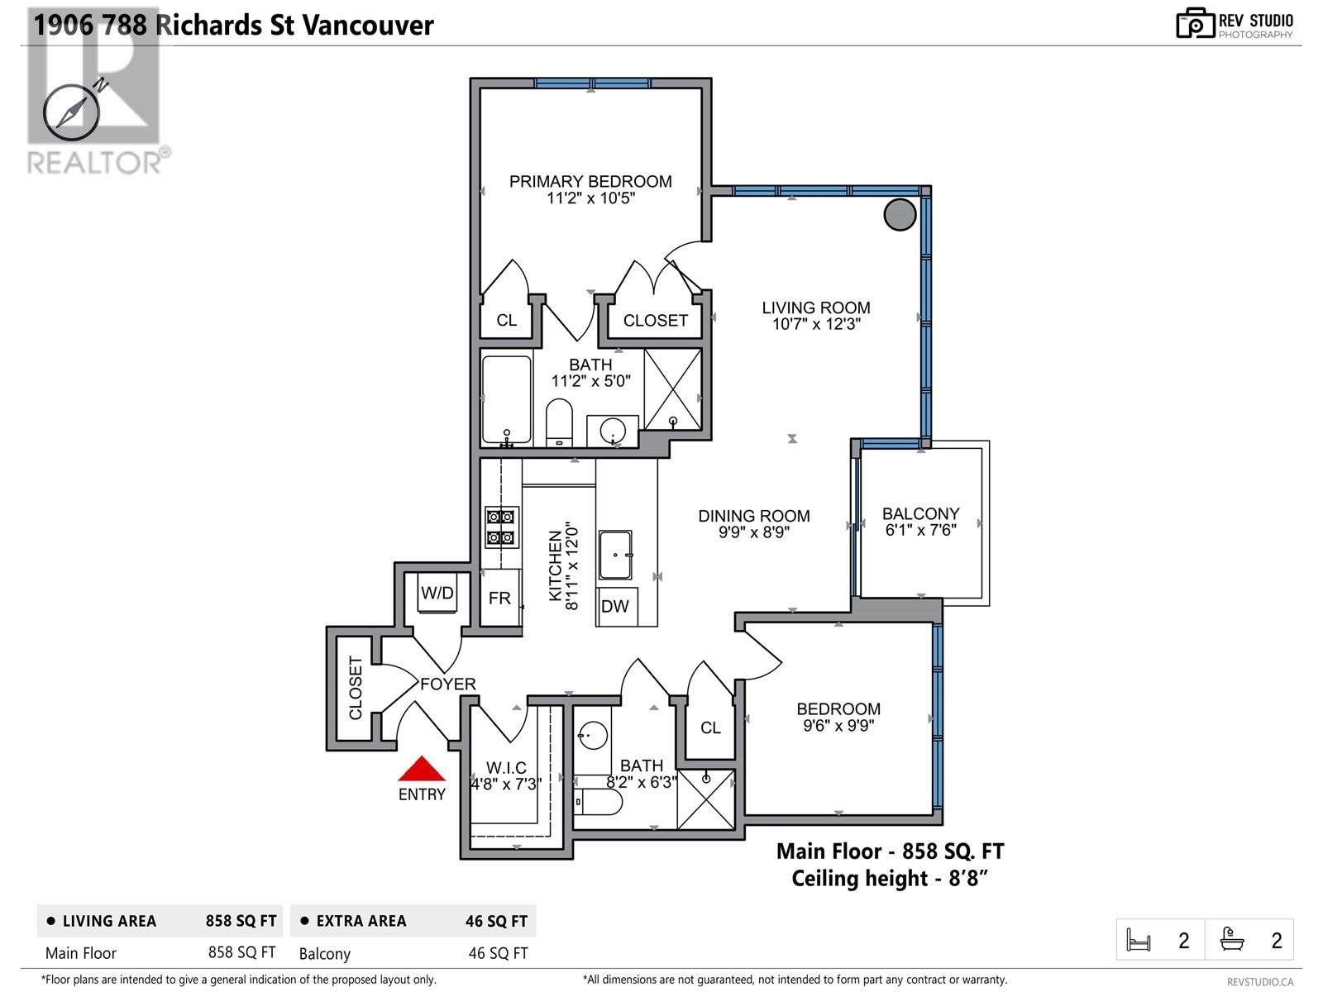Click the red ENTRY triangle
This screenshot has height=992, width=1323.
pos(422,770)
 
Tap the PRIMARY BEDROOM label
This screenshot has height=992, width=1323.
pos(590,181)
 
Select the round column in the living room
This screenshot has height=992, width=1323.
pos(900,214)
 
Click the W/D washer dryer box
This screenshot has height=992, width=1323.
pos(437,593)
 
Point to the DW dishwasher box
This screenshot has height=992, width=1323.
pos(615,607)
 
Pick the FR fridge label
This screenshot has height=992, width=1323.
pos(499,598)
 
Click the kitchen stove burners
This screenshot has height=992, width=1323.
pos(502,527)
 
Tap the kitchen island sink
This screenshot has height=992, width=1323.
pos(615,555)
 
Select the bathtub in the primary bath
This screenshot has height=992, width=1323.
pos(506,400)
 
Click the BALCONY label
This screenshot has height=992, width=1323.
pos(920,513)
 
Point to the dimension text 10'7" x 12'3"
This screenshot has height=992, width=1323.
pos(816,324)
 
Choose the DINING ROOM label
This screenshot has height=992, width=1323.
pos(754,516)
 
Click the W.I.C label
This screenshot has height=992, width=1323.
pos(506,768)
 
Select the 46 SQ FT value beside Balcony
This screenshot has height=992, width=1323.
pos(498,953)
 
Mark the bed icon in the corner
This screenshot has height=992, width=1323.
pos(1139,940)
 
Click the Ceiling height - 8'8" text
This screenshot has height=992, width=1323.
pos(890,878)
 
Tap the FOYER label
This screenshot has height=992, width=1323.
pos(448,684)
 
